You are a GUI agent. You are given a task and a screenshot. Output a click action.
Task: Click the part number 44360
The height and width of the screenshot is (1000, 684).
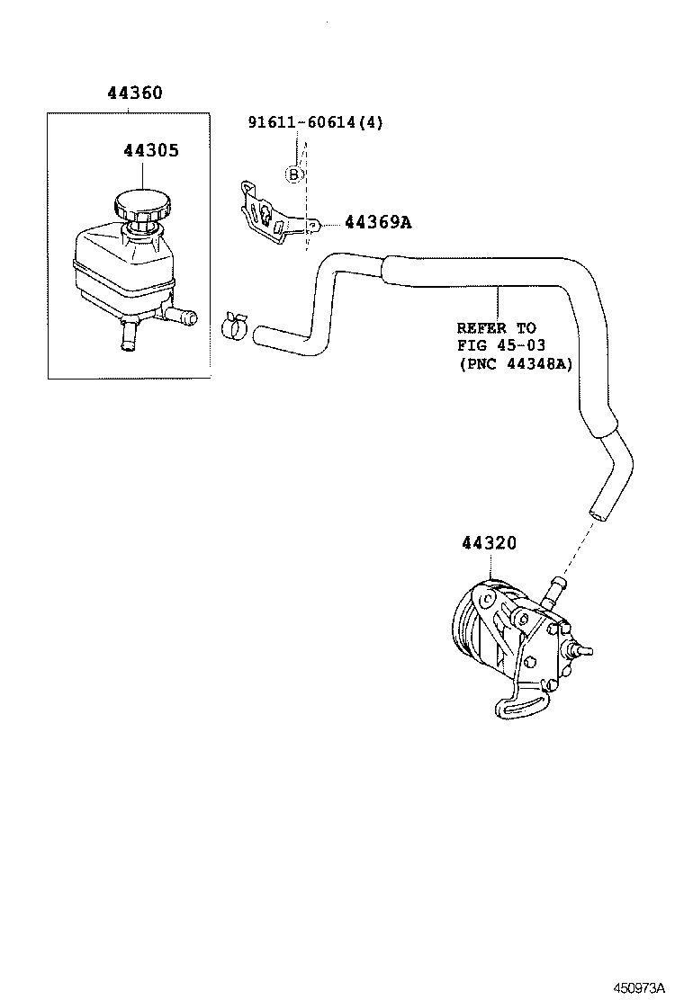point(135,93)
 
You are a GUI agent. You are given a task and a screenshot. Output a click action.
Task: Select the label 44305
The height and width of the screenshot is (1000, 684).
point(151,150)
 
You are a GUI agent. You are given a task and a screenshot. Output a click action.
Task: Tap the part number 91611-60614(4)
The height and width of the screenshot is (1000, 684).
point(315,122)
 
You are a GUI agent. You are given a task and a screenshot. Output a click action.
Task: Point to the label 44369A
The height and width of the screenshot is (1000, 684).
point(378,222)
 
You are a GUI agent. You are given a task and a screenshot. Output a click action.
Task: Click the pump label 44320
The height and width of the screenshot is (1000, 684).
point(490,543)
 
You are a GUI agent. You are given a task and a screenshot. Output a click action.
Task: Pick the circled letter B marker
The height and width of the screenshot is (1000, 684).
point(293,174)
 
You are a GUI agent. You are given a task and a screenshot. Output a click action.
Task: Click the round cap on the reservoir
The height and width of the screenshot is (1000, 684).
point(142,206)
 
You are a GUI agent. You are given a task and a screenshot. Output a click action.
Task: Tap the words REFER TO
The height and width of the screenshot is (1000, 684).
point(496,328)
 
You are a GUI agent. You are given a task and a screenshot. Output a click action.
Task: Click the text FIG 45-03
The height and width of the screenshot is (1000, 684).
point(501,345)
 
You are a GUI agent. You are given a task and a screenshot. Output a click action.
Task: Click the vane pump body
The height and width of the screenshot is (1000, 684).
point(513,638)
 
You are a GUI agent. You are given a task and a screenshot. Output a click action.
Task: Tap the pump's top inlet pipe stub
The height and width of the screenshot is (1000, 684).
point(553,589)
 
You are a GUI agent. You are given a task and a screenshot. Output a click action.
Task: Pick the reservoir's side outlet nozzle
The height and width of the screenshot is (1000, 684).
point(184,316)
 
